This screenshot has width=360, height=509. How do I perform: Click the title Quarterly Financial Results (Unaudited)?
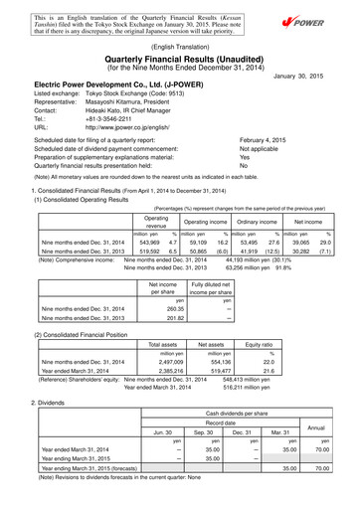(180, 58)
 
